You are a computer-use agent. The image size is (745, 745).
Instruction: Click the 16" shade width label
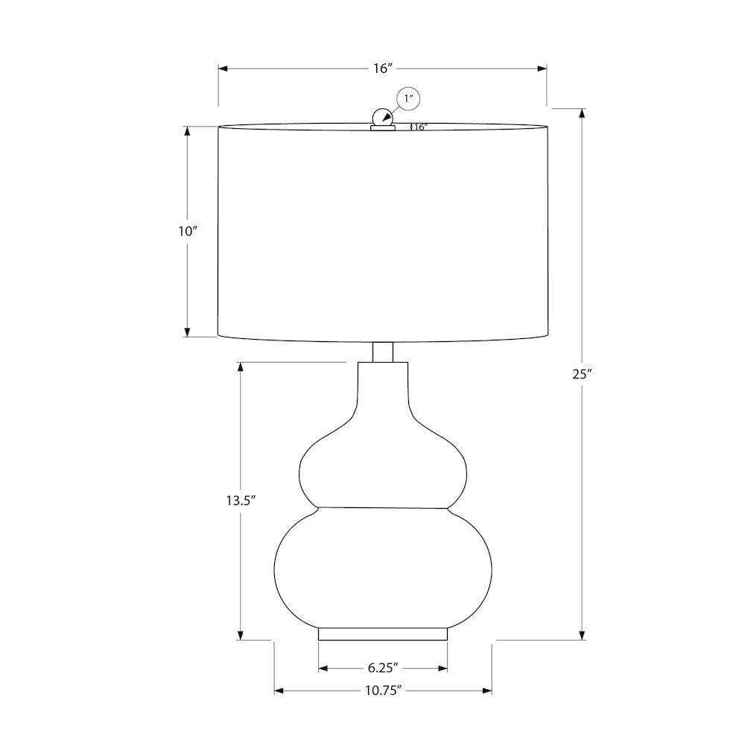pyautogui.click(x=383, y=69)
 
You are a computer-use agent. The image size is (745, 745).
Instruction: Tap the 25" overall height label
pyautogui.click(x=582, y=374)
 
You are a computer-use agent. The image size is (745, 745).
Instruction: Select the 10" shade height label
pyautogui.click(x=188, y=232)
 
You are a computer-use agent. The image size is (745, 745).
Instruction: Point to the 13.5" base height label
pyautogui.click(x=241, y=501)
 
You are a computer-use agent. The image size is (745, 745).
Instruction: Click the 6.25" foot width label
pyautogui.click(x=382, y=668)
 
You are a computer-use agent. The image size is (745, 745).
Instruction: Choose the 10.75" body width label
pyautogui.click(x=384, y=691)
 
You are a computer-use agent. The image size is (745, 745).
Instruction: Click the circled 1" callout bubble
pyautogui.click(x=408, y=99)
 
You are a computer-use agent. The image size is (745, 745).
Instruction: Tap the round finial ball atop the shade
pyautogui.click(x=382, y=118)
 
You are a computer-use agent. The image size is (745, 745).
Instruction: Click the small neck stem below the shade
pyautogui.click(x=382, y=352)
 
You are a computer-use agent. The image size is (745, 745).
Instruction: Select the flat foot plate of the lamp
pyautogui.click(x=382, y=634)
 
